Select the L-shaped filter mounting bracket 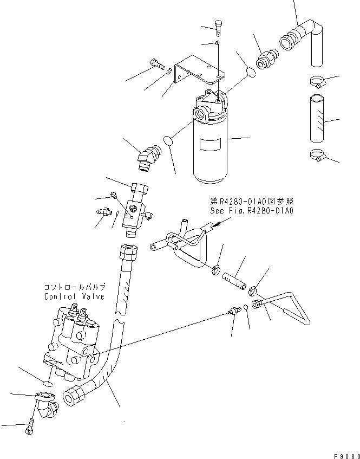(x=198, y=68)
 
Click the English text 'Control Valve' (x=74, y=296)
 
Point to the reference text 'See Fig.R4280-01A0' (x=251, y=211)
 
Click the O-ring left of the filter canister (x=169, y=140)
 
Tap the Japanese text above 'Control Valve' (x=74, y=287)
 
